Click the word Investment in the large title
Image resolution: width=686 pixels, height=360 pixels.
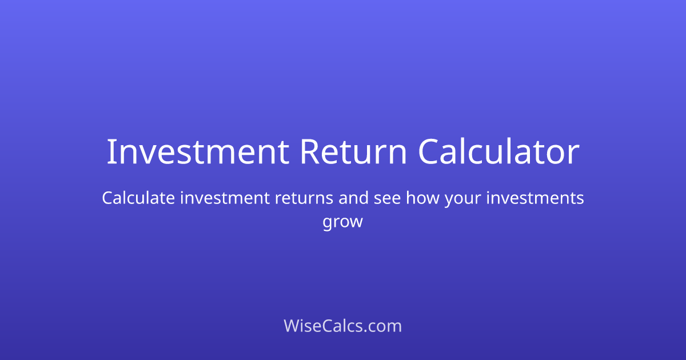coord(197,152)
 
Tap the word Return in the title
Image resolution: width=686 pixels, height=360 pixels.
coord(353,152)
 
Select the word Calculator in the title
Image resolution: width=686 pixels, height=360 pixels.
coord(498,152)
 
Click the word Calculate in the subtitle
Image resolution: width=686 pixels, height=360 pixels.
coord(138,198)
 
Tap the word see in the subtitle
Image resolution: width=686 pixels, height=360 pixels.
coord(388,198)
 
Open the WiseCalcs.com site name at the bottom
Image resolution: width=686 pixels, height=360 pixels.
coord(343,326)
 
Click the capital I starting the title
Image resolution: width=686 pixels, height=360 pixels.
coord(110,152)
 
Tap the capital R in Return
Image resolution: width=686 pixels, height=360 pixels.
coord(309,152)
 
